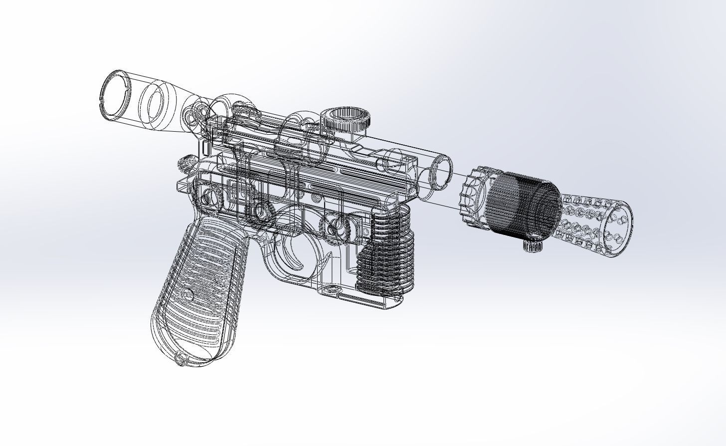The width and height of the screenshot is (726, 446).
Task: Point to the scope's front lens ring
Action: point(441,171)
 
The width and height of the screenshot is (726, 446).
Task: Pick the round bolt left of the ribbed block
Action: point(339,227)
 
